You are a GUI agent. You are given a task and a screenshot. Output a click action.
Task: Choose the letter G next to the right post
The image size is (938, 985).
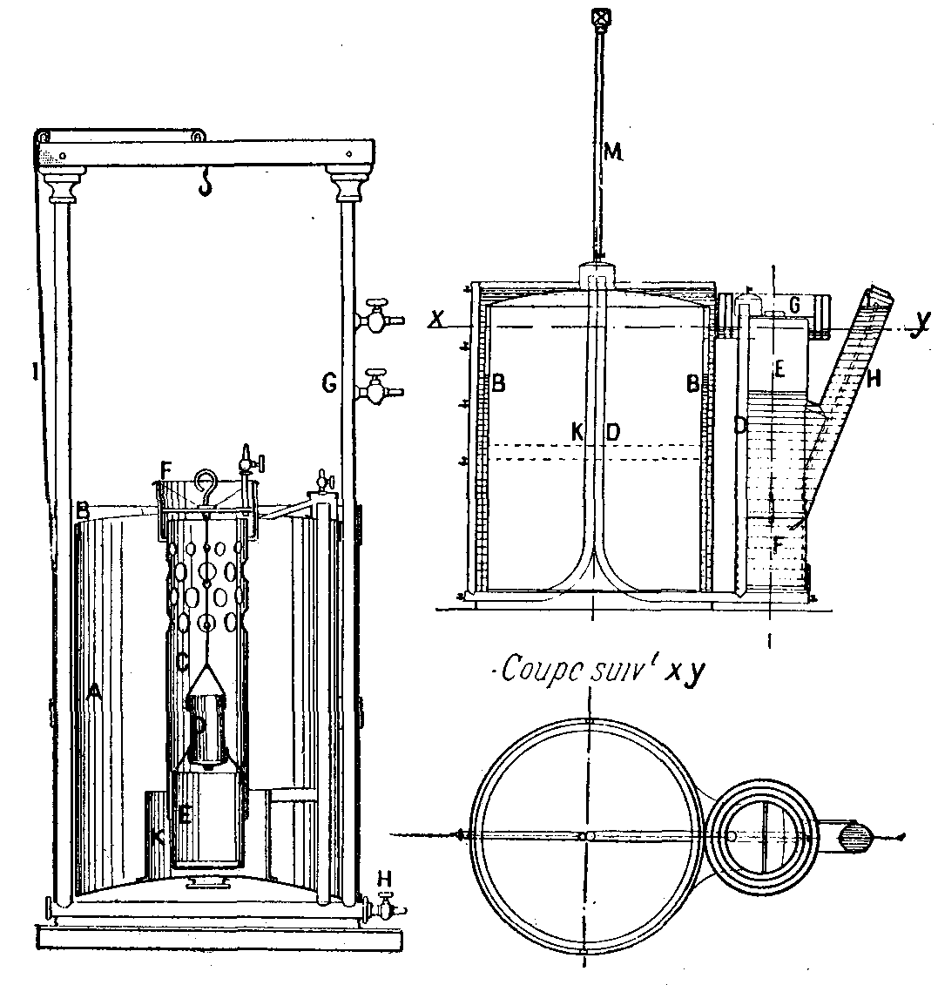pyautogui.click(x=328, y=381)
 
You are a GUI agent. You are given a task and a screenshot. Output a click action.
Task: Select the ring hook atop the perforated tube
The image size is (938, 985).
pyautogui.click(x=207, y=481)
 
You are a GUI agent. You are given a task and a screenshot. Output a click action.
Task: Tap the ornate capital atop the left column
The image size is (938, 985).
pyautogui.click(x=65, y=186)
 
